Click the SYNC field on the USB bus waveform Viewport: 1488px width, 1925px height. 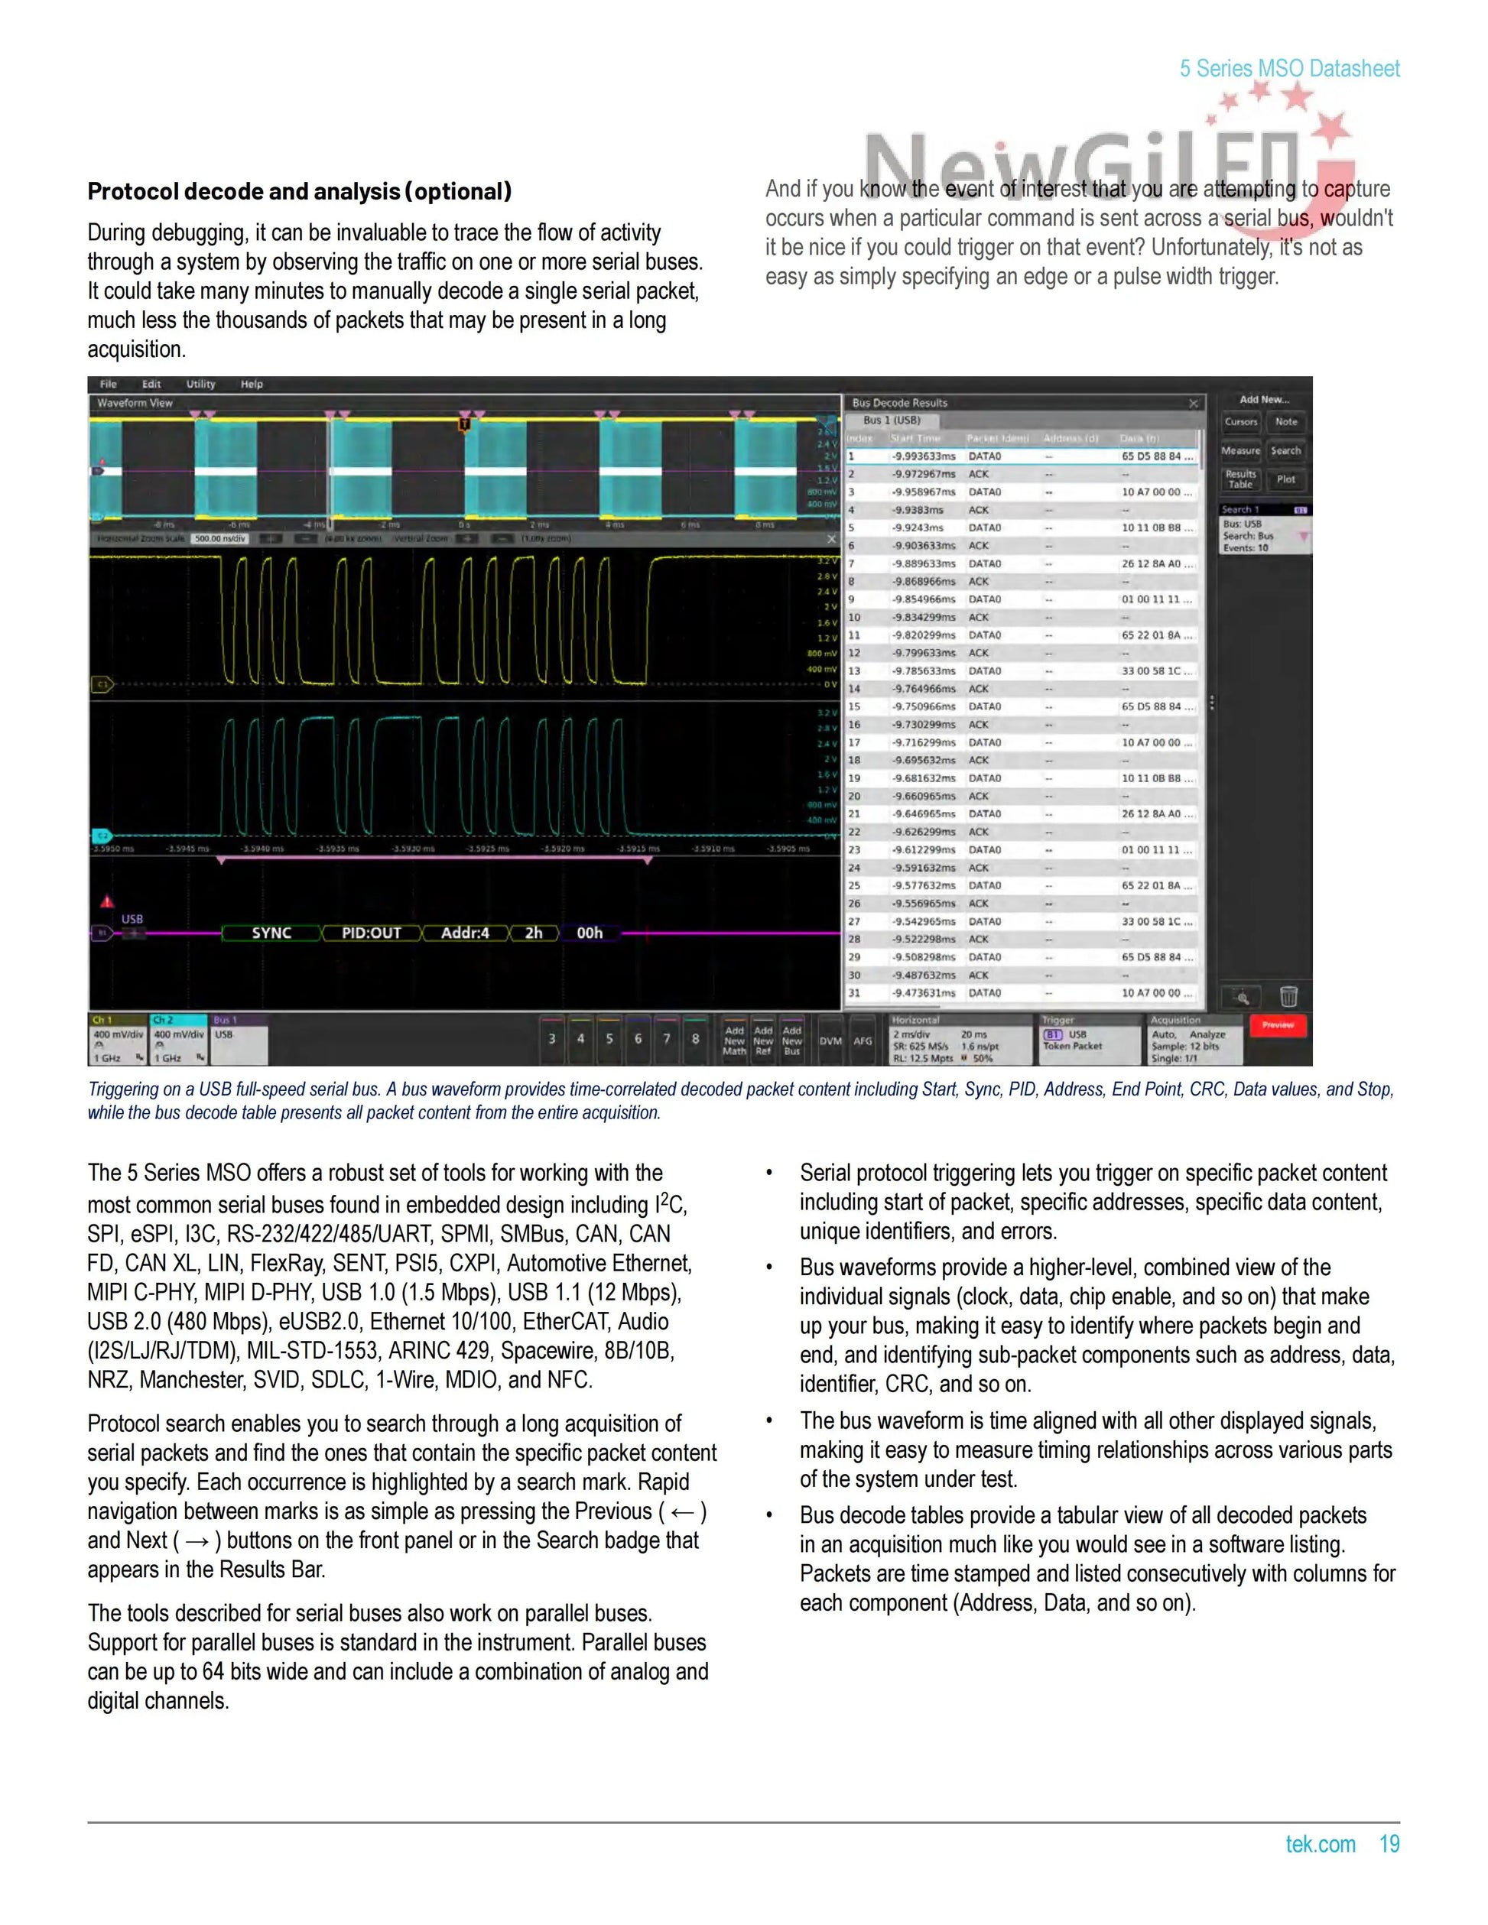271,933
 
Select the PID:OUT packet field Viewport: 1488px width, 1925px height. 371,933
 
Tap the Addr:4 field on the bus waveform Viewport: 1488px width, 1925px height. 465,933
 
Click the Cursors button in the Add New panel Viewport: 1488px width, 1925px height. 1241,422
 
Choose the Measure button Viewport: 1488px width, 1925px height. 1240,450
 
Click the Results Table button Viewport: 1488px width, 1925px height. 1240,479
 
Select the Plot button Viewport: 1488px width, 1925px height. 1286,479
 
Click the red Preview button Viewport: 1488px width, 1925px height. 1277,1025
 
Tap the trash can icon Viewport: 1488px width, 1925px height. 1288,997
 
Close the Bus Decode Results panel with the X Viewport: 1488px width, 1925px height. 1194,404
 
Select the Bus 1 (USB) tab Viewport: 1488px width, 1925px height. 892,420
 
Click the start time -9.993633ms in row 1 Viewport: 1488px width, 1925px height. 923,456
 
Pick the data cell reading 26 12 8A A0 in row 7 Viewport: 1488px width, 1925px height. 1155,564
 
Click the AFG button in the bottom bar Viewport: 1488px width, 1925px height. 862,1041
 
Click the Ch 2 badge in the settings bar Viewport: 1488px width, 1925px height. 179,1040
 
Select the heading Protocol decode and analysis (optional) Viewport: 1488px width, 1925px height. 299,191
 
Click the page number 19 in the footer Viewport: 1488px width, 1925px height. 1389,1844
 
